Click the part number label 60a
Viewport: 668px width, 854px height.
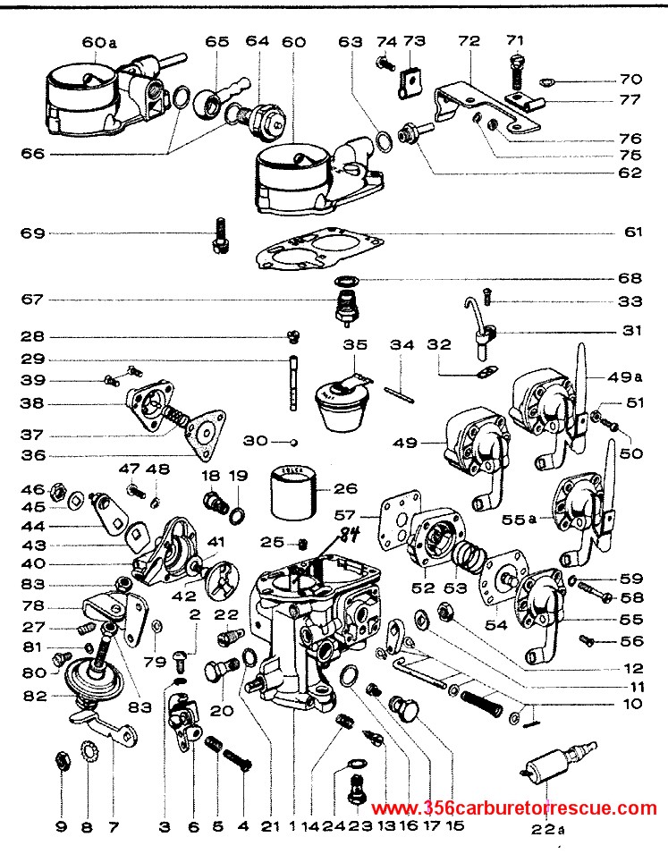click(x=99, y=42)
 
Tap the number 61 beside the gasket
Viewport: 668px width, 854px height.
click(x=631, y=233)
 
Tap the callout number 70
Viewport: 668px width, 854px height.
click(x=631, y=79)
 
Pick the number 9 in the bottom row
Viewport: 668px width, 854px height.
click(x=61, y=827)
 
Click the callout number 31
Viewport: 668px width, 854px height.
click(x=631, y=331)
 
